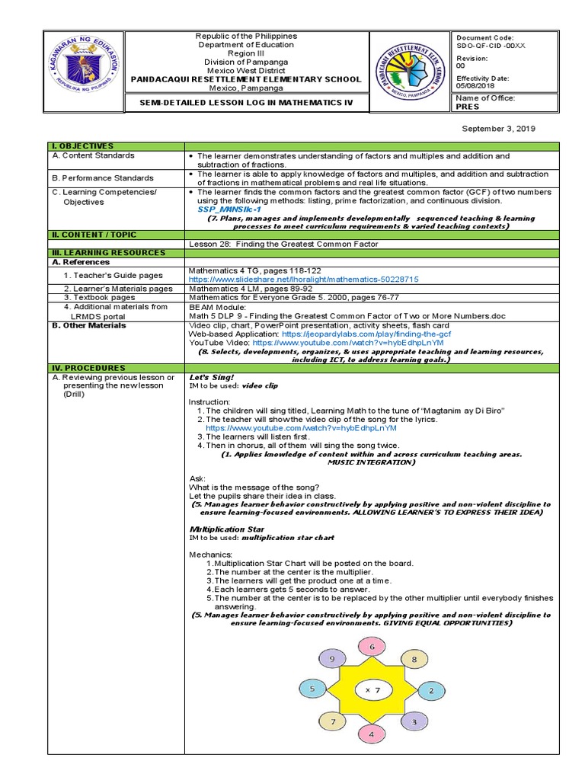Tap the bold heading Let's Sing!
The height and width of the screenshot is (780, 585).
[x=212, y=377]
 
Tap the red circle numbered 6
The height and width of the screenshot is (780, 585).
[x=372, y=647]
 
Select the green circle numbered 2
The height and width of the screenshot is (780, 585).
[x=431, y=691]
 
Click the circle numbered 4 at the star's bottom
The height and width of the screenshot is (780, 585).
[x=372, y=735]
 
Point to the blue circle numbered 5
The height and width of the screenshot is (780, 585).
[x=312, y=689]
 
